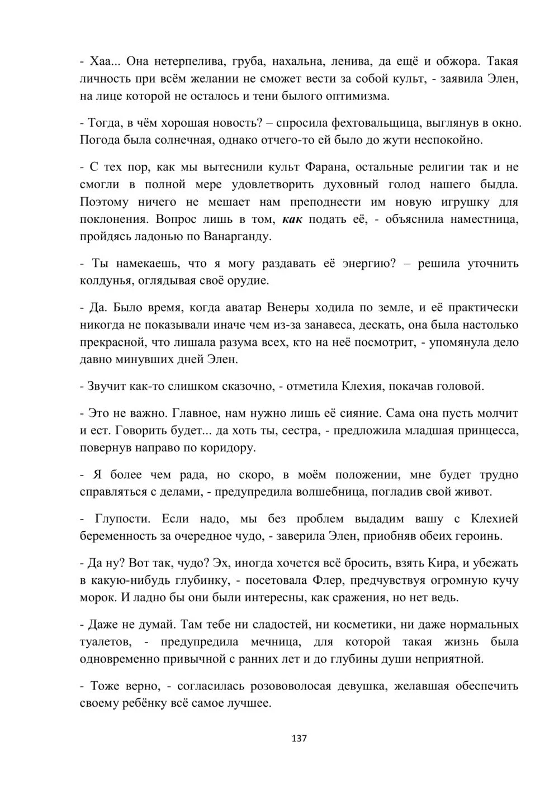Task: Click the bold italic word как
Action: [292, 220]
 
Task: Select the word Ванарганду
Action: [231, 237]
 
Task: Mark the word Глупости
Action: [123, 519]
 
